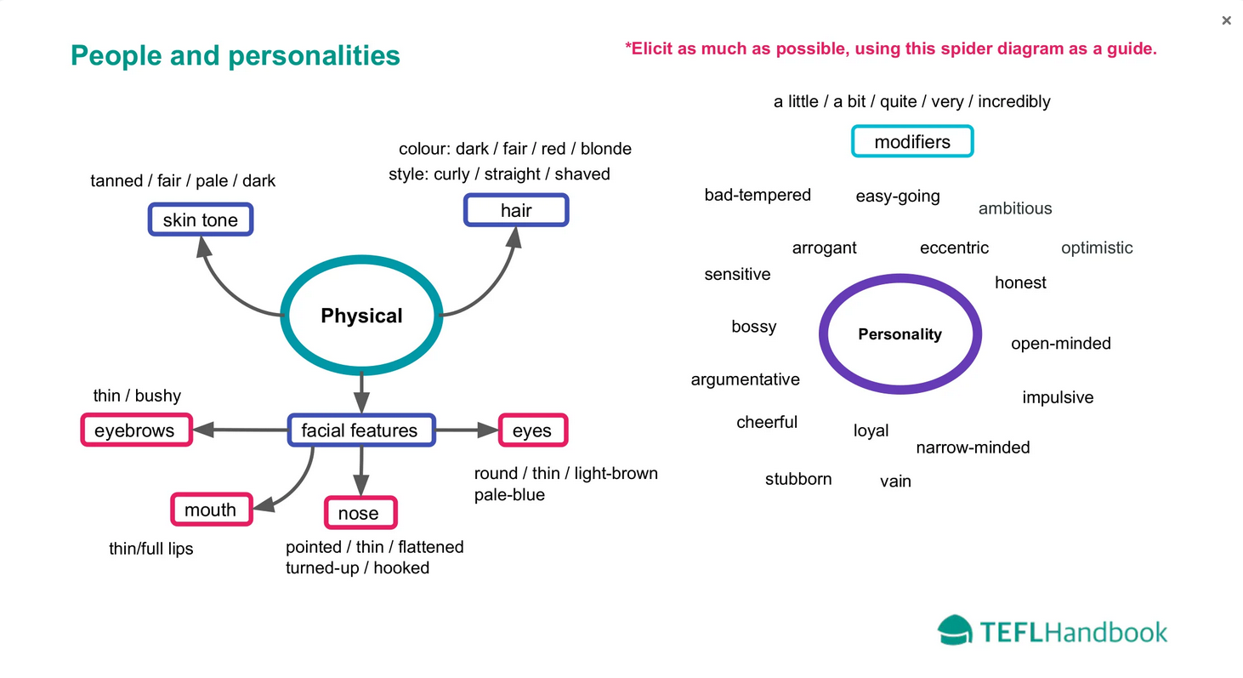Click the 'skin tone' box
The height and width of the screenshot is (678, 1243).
[x=201, y=219]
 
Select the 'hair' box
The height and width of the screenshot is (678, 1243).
[x=516, y=210]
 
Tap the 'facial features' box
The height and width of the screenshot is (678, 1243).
[x=361, y=430]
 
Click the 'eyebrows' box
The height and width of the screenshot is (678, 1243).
[x=137, y=430]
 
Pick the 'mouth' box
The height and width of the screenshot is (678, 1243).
[x=212, y=510]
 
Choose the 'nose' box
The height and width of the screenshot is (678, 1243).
[x=360, y=512]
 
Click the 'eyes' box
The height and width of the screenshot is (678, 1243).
[x=533, y=430]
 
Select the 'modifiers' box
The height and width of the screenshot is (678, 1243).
[x=912, y=141]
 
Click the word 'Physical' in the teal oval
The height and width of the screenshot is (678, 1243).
[x=361, y=316]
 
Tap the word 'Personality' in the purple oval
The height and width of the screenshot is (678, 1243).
[x=900, y=333]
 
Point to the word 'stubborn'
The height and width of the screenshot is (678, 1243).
[x=798, y=479]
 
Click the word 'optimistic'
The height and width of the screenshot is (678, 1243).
[x=1097, y=248]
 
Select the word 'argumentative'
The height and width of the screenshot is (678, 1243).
[x=745, y=379]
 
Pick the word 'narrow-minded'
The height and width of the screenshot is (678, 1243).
[x=972, y=447]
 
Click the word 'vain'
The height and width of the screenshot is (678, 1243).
[x=895, y=481]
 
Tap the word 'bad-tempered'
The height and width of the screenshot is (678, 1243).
[x=758, y=195]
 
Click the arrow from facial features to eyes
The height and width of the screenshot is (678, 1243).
[x=467, y=430]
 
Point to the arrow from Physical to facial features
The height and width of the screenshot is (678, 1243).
[x=361, y=392]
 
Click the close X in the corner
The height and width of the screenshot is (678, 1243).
[x=1226, y=20]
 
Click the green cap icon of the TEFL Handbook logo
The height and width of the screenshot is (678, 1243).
[x=955, y=630]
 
